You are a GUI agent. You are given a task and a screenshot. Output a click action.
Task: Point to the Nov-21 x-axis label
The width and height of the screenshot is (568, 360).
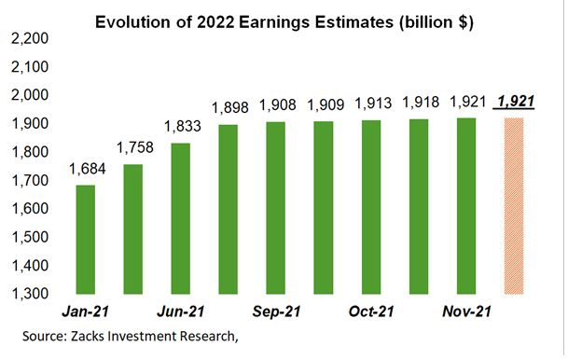tap(464, 310)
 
